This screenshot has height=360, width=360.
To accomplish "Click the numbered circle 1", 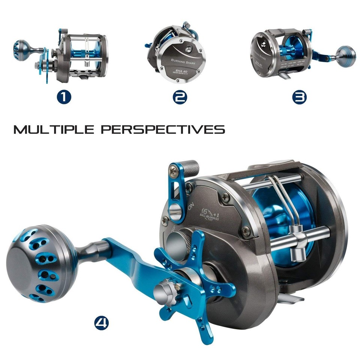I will click(x=64, y=97).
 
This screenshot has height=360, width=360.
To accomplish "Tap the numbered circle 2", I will click(x=180, y=97).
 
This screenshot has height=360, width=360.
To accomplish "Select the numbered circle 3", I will click(x=299, y=97).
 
